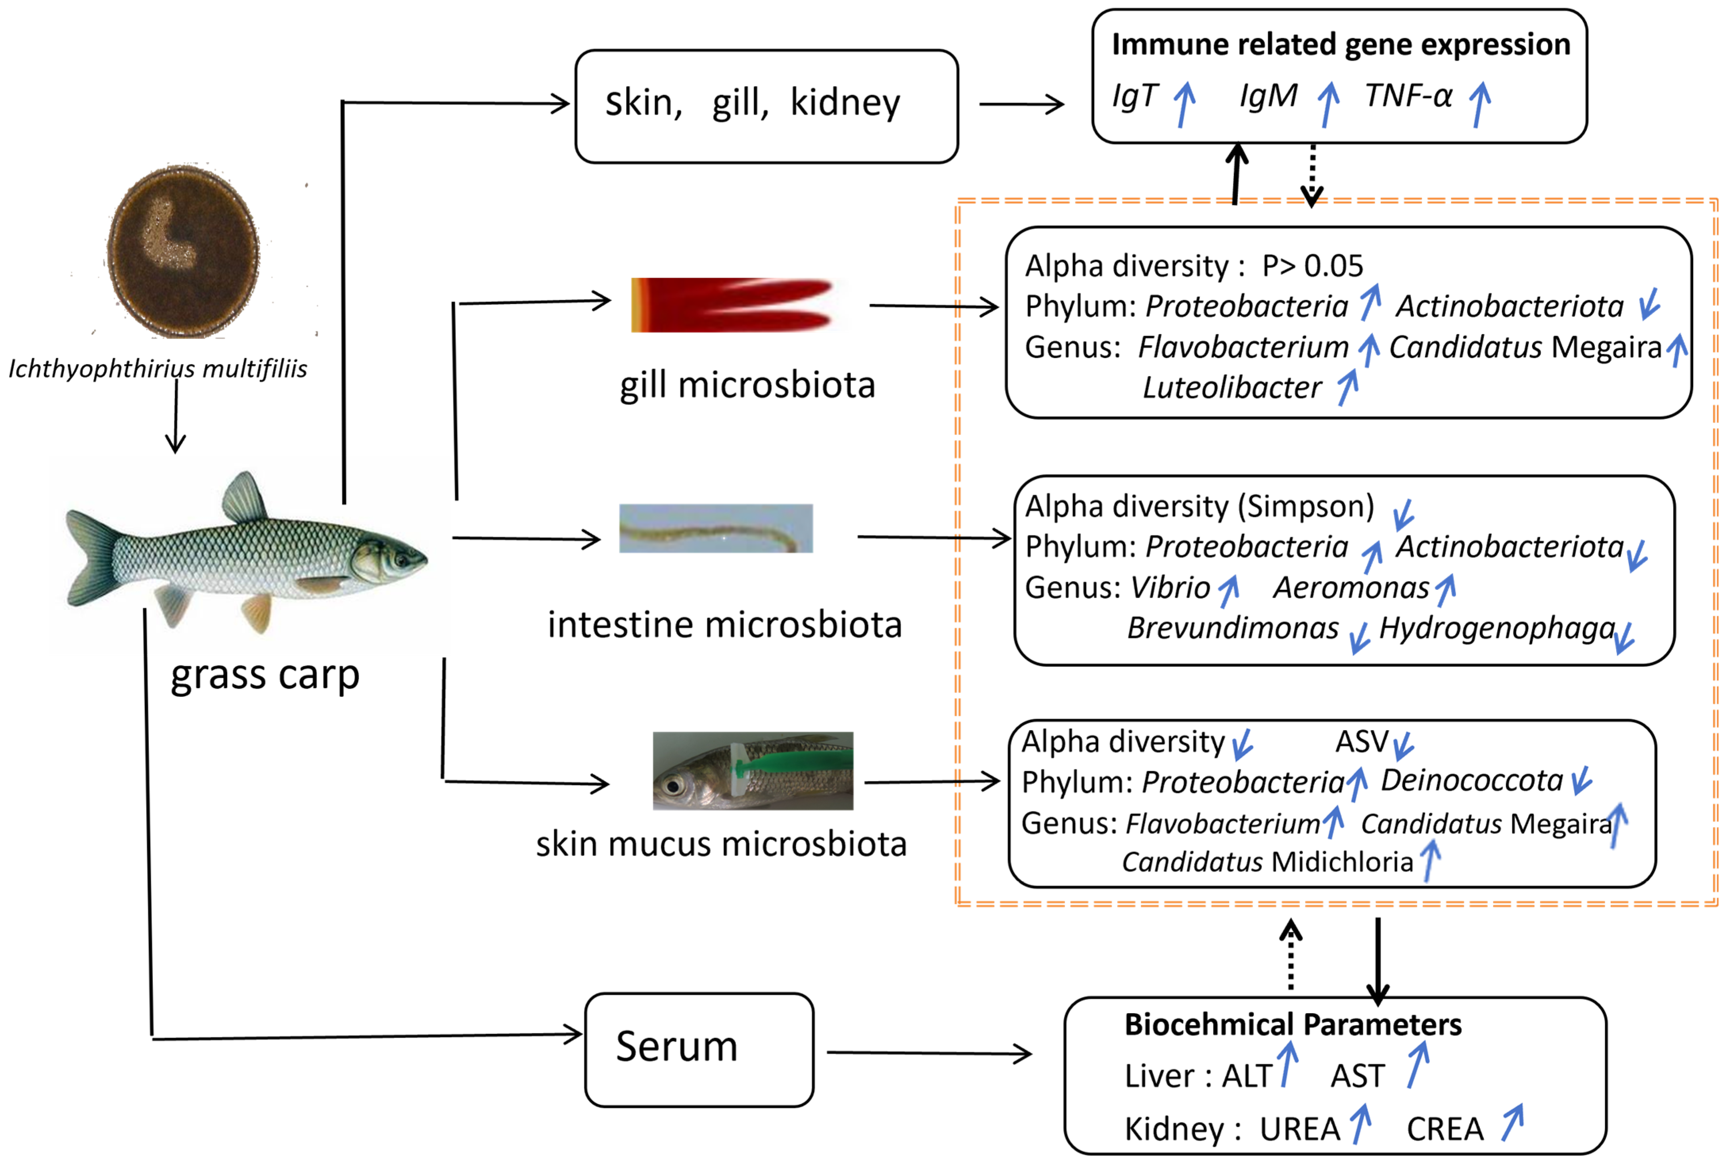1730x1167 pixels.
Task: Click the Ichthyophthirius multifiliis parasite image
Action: [183, 252]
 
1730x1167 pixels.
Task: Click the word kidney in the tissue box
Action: [845, 103]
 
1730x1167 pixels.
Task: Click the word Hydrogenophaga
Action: [1496, 628]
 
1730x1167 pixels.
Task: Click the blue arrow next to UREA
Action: [1361, 1124]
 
